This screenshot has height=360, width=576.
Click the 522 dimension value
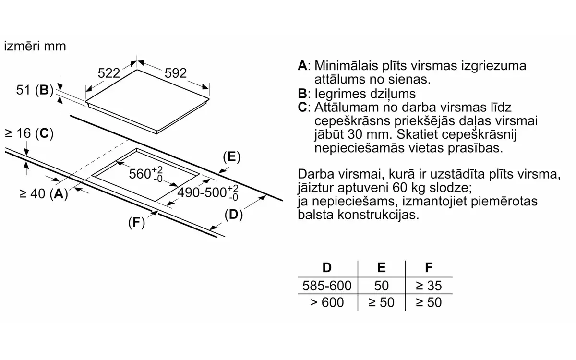coord(109,73)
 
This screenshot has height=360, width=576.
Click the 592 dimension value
coord(175,73)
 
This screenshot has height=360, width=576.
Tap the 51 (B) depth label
coord(35,90)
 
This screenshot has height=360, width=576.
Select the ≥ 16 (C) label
coord(29,133)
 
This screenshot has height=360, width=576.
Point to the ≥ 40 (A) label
coord(44,193)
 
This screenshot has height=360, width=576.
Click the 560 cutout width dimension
coord(146,174)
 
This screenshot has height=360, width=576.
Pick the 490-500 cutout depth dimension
coord(208,192)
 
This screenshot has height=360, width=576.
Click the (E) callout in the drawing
coord(232,157)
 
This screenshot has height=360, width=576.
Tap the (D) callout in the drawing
coord(233,215)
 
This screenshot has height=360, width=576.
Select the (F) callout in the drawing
coord(136,222)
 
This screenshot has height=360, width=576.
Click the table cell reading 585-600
coord(327,286)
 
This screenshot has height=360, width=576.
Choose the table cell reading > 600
coord(327,302)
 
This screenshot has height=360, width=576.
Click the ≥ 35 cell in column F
coord(429,286)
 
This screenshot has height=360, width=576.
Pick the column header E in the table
coord(381,268)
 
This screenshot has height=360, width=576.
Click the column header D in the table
coord(327,268)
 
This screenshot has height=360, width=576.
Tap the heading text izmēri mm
coord(35,46)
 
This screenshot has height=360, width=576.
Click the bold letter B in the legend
coord(302,93)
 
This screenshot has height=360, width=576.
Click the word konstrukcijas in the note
coord(378,215)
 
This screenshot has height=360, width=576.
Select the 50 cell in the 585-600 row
coord(381,286)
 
